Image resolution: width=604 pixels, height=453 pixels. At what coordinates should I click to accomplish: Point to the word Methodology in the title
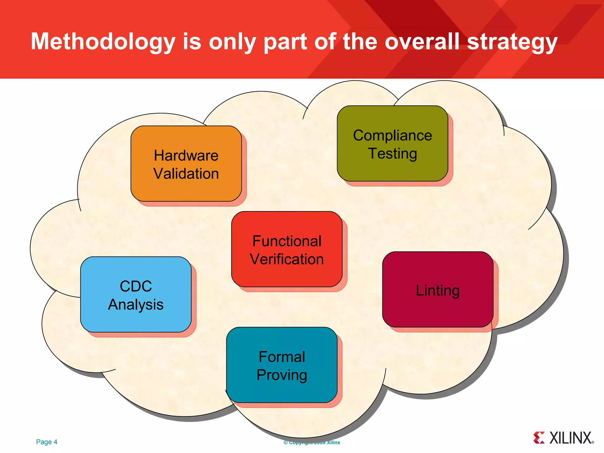(103, 42)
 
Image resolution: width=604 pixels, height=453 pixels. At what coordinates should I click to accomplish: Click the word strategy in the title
(512, 42)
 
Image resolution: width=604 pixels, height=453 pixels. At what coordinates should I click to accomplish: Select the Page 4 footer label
(47, 442)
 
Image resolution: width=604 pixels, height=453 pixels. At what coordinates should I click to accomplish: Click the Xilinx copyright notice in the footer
(312, 442)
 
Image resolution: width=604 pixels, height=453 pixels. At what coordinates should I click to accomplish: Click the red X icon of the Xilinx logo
(539, 438)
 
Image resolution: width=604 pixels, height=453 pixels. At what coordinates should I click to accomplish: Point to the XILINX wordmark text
(571, 438)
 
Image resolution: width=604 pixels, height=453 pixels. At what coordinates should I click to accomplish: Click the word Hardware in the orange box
(186, 155)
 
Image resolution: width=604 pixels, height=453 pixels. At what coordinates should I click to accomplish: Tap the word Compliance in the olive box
(393, 136)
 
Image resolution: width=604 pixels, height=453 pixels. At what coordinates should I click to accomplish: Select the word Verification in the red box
(287, 259)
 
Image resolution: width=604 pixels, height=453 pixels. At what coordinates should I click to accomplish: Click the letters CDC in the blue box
(136, 286)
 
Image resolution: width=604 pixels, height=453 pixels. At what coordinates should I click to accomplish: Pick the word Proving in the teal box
(282, 375)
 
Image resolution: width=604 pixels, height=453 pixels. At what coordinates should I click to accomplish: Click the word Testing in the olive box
(392, 154)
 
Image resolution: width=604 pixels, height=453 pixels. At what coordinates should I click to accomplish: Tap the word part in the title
(285, 42)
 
